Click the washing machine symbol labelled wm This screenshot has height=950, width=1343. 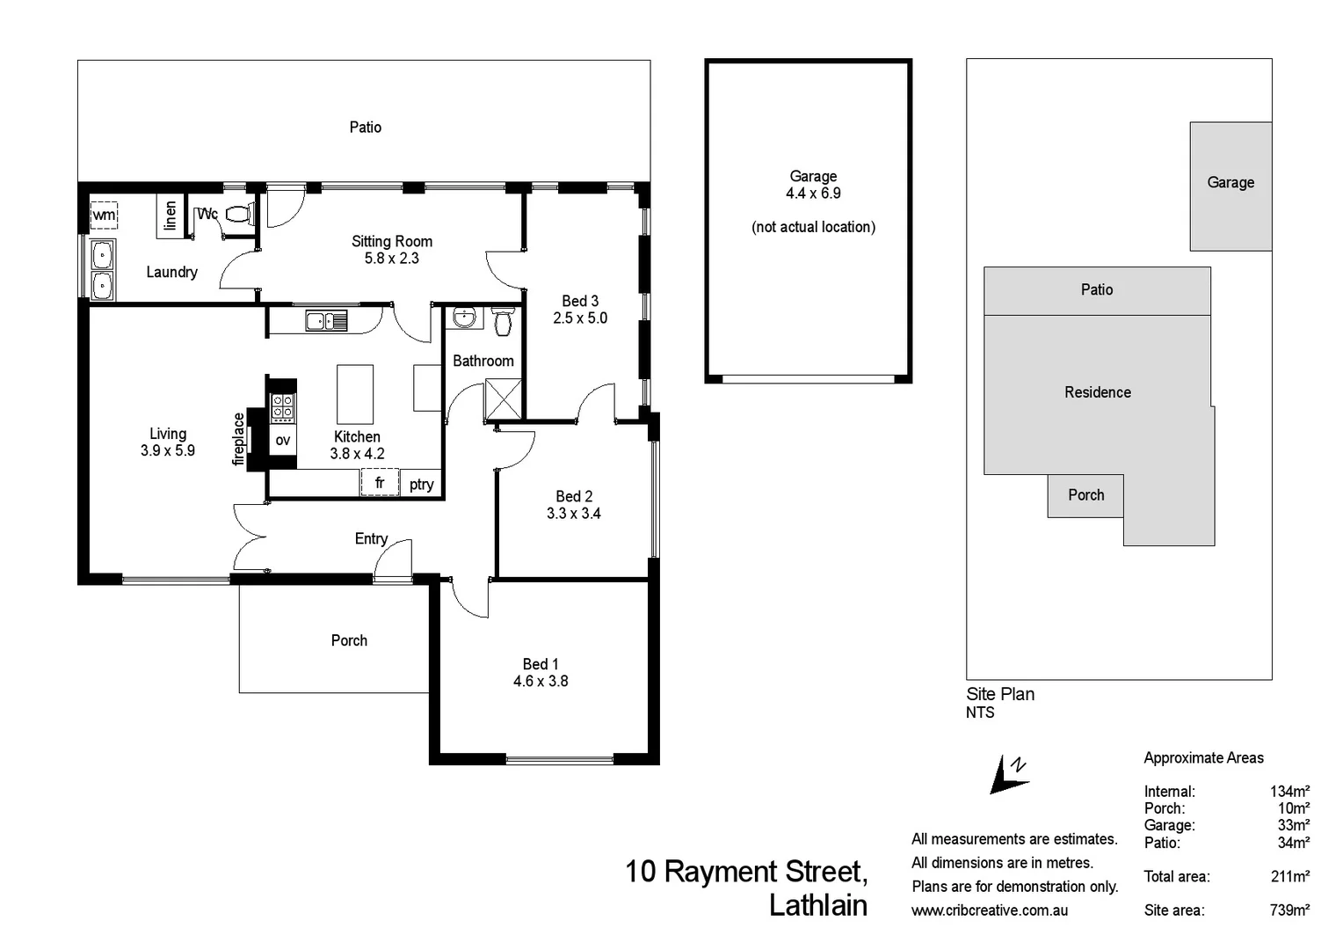(104, 215)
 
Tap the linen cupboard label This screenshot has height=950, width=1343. (171, 215)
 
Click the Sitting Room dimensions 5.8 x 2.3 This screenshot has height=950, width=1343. (391, 259)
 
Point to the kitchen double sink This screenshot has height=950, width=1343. (326, 321)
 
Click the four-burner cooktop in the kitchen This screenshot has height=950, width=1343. (282, 407)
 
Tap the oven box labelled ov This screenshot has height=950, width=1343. (282, 440)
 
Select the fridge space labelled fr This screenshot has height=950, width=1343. (380, 483)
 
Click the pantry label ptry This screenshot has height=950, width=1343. (421, 484)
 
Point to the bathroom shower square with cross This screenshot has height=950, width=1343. (504, 398)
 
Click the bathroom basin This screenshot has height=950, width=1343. (463, 317)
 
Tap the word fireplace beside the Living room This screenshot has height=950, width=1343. (238, 439)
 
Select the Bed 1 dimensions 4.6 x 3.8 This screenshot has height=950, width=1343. (541, 681)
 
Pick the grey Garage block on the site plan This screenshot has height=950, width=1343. (1230, 186)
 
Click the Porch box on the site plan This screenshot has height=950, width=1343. (1085, 495)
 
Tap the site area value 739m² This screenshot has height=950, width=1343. (1289, 910)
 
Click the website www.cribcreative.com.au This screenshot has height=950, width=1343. (990, 910)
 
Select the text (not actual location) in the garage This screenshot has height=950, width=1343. (813, 227)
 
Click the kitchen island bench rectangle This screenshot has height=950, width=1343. (355, 394)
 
